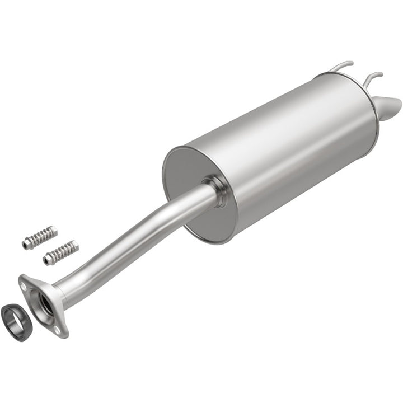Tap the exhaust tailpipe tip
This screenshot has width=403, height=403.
coord(390,105)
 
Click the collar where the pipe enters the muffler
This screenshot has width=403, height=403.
coord(215,190)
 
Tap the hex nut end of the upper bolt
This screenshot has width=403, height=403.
coord(26,243)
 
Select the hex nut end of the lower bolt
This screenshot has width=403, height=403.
coord(46,259)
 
